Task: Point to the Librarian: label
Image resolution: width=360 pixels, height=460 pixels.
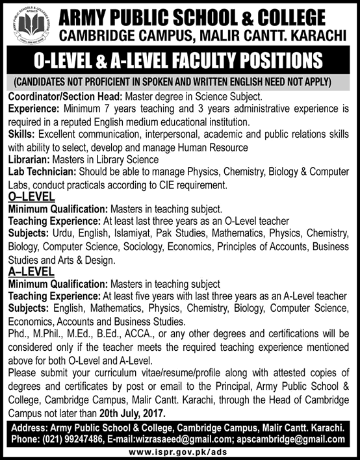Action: click(29, 159)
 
